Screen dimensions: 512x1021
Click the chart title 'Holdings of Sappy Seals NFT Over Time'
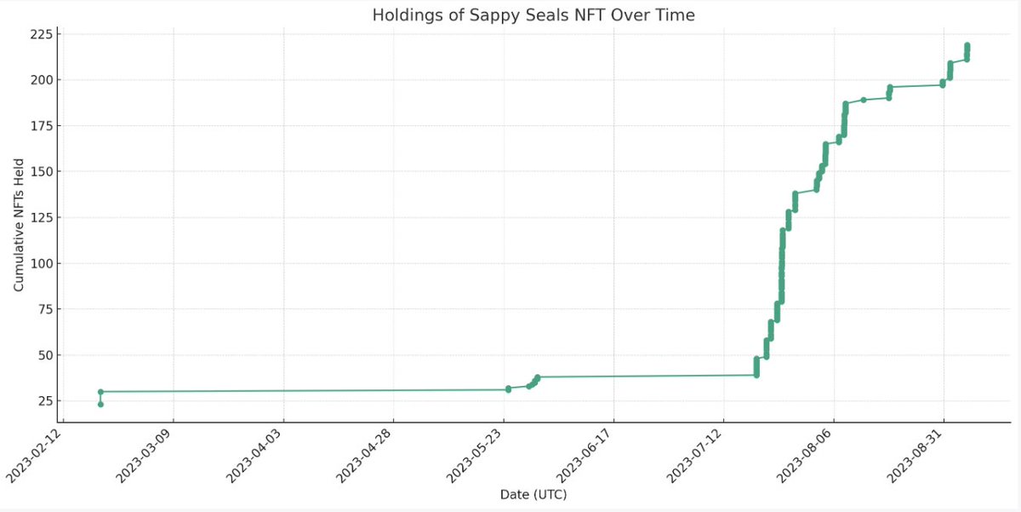click(x=533, y=15)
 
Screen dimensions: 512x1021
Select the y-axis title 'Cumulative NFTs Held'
click(x=19, y=224)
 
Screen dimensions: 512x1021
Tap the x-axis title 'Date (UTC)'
click(x=533, y=494)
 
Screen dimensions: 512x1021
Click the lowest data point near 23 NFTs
click(x=100, y=404)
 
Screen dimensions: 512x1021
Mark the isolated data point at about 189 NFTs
click(x=864, y=100)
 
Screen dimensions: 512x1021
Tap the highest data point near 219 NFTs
click(x=967, y=45)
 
